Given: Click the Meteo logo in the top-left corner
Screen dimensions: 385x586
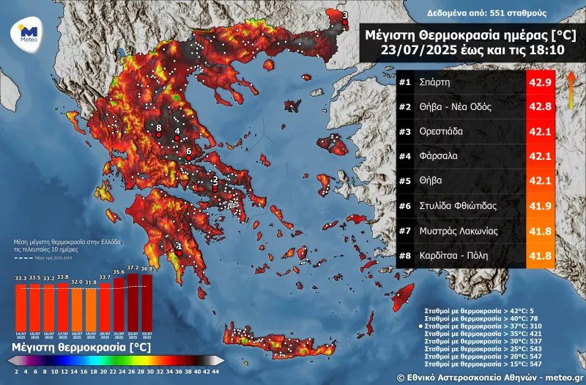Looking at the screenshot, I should click(28, 34).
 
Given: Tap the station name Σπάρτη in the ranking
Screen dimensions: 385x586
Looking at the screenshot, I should click(435, 82).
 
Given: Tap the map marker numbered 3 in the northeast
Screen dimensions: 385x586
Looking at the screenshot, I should click(346, 22).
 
